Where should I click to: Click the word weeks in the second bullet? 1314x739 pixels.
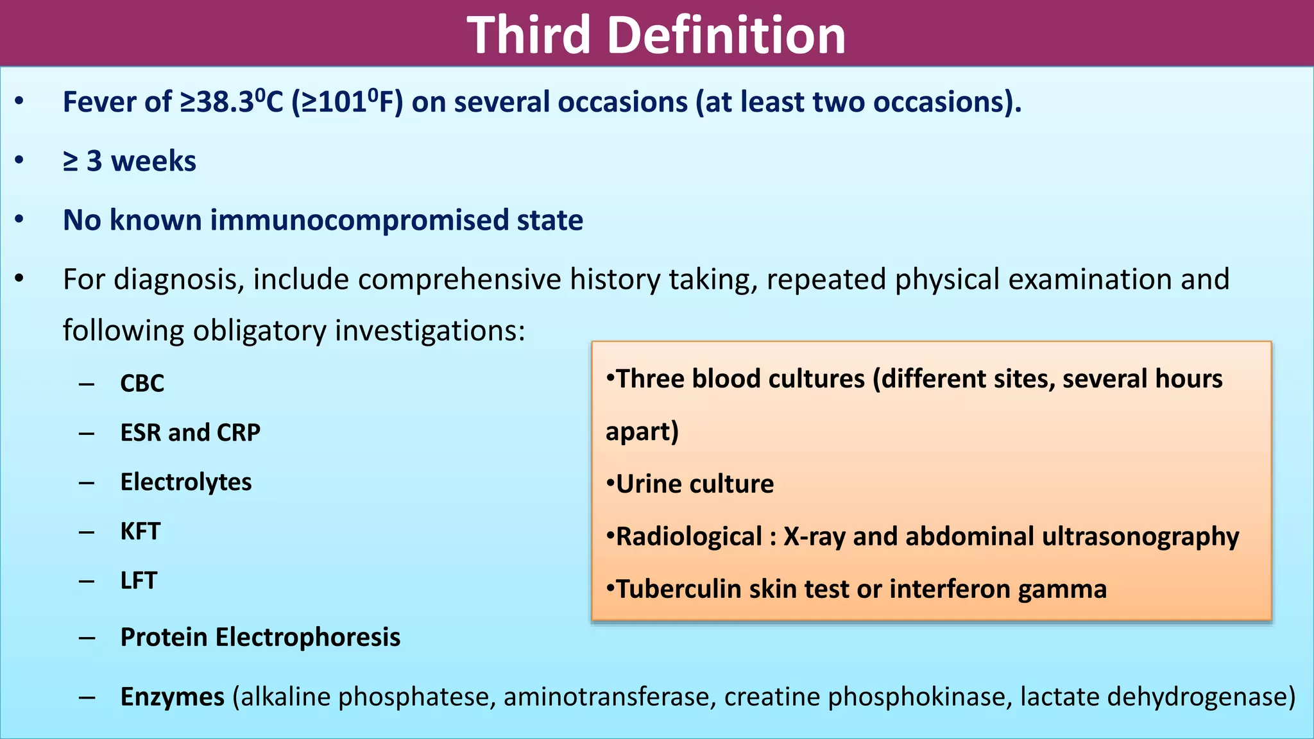pyautogui.click(x=153, y=161)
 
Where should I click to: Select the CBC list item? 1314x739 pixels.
pyautogui.click(x=142, y=384)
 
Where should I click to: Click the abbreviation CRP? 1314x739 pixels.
pyautogui.click(x=238, y=433)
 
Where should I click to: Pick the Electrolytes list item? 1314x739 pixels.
pyautogui.click(x=185, y=482)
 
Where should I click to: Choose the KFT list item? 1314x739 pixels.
pyautogui.click(x=140, y=532)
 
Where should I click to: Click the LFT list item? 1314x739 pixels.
pyautogui.click(x=138, y=581)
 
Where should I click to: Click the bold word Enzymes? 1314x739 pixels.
pyautogui.click(x=172, y=697)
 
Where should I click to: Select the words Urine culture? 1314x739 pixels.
pyautogui.click(x=694, y=484)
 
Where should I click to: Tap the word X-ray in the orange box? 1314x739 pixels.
pyautogui.click(x=814, y=537)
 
